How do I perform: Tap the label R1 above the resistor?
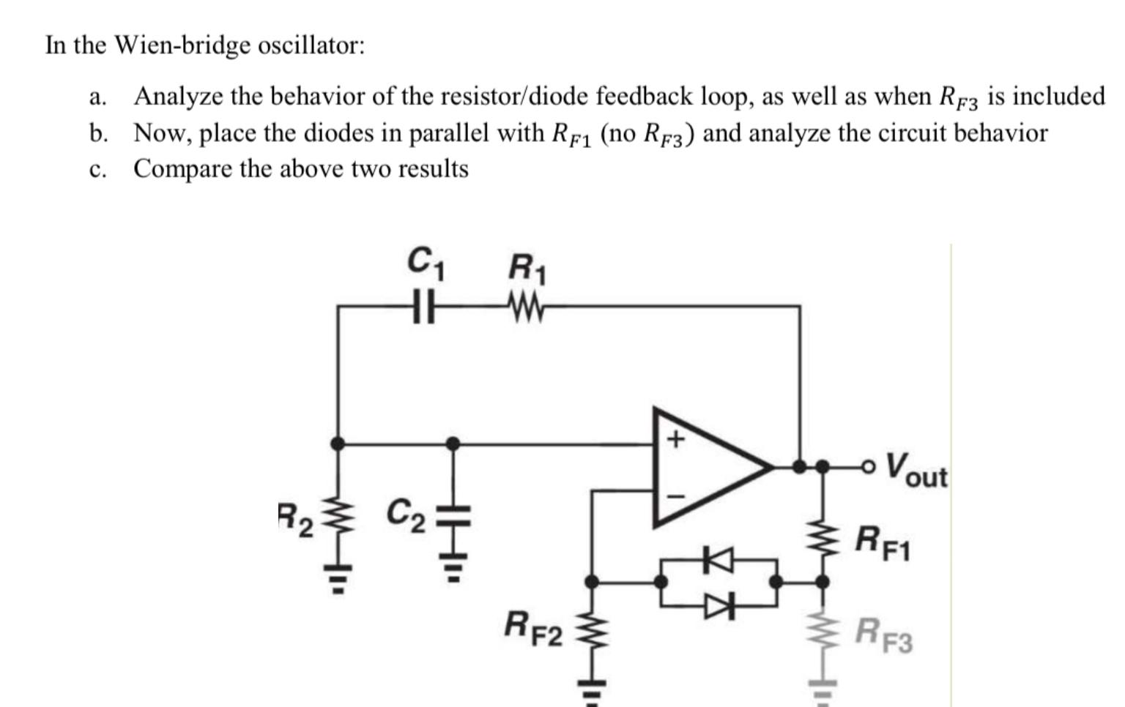pyautogui.click(x=527, y=268)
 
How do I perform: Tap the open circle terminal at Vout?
pyautogui.click(x=869, y=465)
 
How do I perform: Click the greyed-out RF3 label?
pyautogui.click(x=885, y=634)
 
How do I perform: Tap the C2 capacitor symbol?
pyautogui.click(x=453, y=516)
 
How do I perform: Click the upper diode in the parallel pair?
pyautogui.click(x=718, y=560)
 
